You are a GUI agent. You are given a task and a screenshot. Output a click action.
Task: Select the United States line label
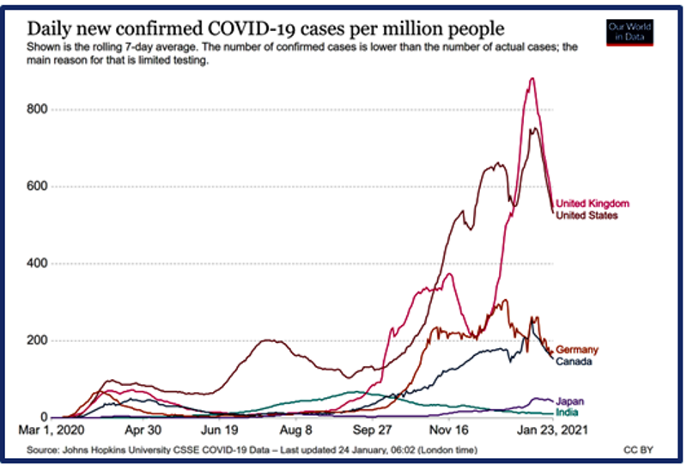tap(587, 216)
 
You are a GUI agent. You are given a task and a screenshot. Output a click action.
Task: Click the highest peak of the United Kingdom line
tap(532, 79)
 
